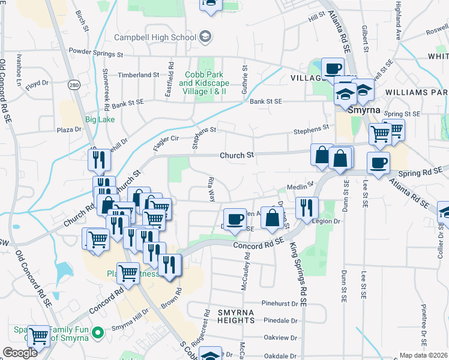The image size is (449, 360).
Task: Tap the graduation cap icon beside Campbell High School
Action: pyautogui.click(x=206, y=37)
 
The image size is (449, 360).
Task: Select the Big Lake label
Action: pyautogui.click(x=99, y=119)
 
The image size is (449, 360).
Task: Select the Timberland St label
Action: pyautogui.click(x=139, y=75)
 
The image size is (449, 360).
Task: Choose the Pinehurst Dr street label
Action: pyautogui.click(x=280, y=304)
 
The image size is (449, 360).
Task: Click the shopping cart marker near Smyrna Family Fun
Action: pyautogui.click(x=39, y=337)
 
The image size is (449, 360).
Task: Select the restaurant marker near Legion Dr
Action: pyautogui.click(x=307, y=208)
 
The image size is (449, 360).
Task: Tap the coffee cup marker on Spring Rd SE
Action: pyautogui.click(x=378, y=163)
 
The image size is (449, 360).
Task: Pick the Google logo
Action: pyautogui.click(x=20, y=353)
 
